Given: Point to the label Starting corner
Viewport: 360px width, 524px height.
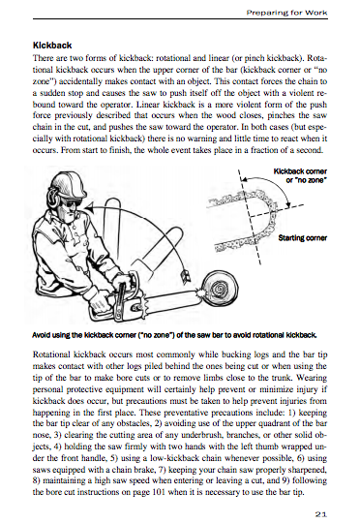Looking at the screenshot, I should [x=300, y=238].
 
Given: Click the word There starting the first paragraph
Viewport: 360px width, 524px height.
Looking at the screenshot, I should [x=44, y=60].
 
